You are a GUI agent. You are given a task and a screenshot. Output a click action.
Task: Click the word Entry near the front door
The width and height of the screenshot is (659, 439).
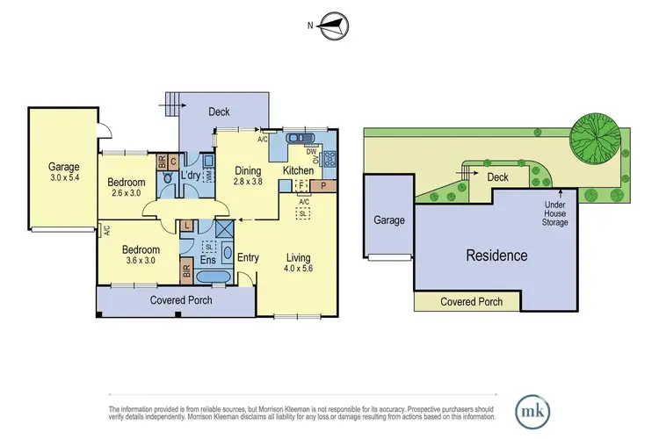tap(249, 256)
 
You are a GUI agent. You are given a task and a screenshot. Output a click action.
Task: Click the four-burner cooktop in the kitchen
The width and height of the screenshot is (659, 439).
tap(331, 159)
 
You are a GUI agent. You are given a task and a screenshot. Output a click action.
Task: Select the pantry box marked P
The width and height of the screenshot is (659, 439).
tap(323, 186)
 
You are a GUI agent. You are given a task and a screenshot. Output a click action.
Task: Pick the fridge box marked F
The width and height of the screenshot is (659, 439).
tap(301, 186)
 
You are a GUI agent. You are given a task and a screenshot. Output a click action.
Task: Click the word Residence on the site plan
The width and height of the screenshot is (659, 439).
tap(497, 256)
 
